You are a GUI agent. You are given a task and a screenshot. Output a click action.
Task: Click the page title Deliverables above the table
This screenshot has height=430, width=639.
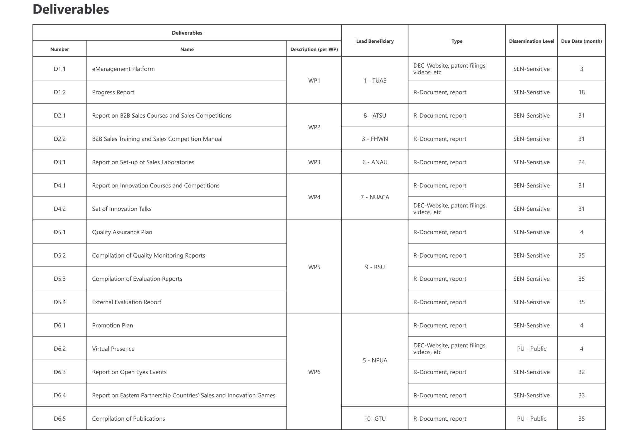click(71, 9)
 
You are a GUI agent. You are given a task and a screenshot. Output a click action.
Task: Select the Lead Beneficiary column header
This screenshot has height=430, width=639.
click(375, 41)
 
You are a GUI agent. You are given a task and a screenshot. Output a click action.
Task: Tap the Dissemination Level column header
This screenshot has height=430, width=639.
click(531, 41)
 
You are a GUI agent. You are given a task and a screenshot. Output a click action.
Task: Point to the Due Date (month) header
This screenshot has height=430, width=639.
click(581, 41)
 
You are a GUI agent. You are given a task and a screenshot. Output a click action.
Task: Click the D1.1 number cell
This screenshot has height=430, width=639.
click(60, 69)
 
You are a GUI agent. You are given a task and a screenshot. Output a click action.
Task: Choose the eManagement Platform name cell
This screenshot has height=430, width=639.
click(123, 69)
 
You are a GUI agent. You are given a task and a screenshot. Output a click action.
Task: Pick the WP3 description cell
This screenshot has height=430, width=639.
click(314, 162)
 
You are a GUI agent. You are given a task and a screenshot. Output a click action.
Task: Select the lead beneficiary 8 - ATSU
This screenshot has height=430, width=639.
click(375, 116)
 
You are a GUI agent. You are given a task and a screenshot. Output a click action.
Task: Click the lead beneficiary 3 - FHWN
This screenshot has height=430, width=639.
click(375, 139)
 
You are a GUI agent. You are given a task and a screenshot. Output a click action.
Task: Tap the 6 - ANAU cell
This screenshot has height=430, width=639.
click(375, 162)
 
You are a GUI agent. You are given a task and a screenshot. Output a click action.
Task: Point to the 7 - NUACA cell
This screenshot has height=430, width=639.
click(375, 197)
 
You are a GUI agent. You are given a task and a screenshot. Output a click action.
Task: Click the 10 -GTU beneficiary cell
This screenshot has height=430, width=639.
click(375, 418)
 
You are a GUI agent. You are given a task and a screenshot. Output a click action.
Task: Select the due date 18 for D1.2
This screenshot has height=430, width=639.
click(581, 92)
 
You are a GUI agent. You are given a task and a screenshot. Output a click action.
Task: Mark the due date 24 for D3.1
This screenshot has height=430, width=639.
click(581, 162)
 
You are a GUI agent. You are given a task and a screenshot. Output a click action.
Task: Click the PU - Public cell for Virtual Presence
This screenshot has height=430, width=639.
click(531, 349)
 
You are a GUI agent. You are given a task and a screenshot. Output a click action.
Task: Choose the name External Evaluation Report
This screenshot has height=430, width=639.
click(127, 302)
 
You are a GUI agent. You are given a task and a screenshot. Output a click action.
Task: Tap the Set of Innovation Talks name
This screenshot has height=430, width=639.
click(122, 209)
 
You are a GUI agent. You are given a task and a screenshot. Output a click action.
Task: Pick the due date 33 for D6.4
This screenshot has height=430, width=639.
click(581, 395)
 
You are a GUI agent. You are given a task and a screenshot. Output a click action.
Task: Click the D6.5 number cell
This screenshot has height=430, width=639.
click(60, 418)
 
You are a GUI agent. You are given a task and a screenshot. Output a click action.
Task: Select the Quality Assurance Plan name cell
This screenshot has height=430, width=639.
click(122, 232)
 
